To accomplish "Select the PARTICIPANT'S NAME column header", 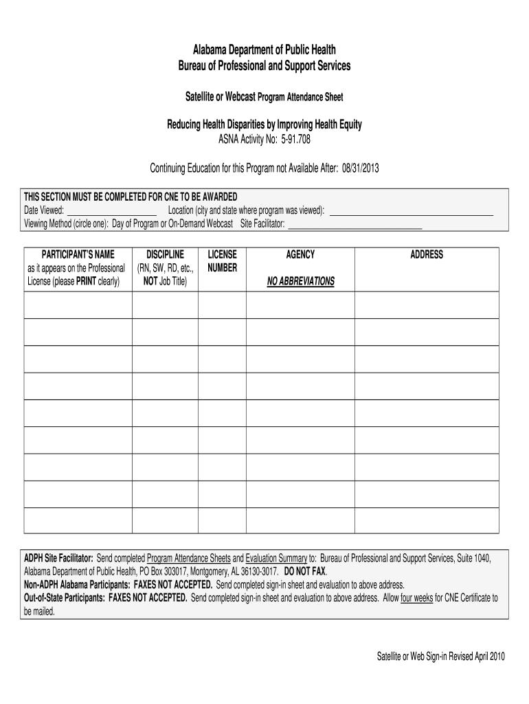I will (x=77, y=255).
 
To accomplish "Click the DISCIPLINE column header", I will (x=165, y=255).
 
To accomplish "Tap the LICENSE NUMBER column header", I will (x=222, y=261).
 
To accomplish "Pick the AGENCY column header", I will (x=300, y=255).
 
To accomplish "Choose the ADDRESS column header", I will (x=427, y=255).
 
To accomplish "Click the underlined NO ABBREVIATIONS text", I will (x=300, y=281).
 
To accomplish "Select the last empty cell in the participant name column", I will (x=78, y=520).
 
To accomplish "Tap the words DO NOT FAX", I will (x=305, y=571).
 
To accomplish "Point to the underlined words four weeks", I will (x=416, y=598).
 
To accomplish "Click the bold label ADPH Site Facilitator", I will (x=58, y=558).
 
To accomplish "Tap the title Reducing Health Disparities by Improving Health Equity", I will (x=264, y=125).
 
